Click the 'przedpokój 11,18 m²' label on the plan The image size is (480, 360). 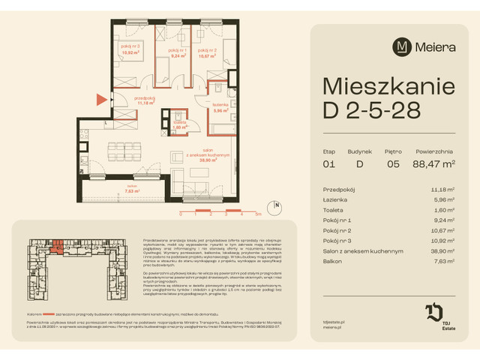[145, 100]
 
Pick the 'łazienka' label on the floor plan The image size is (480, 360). [219, 106]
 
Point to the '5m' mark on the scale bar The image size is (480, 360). [257, 213]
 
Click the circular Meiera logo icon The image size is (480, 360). [403, 47]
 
